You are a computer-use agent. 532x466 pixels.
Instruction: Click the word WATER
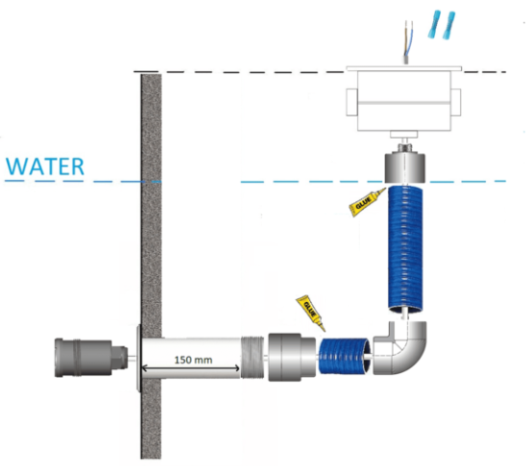tap(45, 167)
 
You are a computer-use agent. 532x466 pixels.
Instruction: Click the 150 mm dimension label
tap(193, 360)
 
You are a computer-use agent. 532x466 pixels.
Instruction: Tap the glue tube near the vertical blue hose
tap(367, 202)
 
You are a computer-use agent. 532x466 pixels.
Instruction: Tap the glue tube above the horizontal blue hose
tap(311, 313)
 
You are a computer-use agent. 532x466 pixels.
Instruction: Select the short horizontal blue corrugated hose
tap(344, 356)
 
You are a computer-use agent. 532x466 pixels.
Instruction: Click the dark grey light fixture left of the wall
tap(91, 358)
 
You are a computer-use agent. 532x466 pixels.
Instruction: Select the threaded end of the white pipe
tap(253, 358)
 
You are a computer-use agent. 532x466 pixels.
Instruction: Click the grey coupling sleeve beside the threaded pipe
tap(292, 357)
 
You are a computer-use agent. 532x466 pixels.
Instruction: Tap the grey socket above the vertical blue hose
tap(405, 168)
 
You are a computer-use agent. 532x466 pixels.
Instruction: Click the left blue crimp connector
tap(434, 24)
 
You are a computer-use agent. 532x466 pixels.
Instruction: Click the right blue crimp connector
tap(449, 25)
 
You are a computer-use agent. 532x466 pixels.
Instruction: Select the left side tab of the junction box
tap(351, 103)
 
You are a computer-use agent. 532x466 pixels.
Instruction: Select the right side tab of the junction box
tap(456, 103)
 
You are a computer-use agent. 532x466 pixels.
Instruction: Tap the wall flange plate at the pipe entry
tap(138, 358)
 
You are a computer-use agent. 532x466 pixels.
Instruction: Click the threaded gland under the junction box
tap(404, 148)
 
